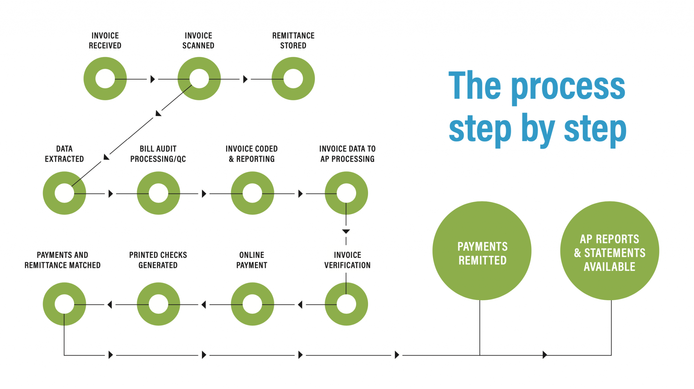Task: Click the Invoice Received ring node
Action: click(x=105, y=79)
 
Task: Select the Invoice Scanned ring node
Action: click(x=199, y=79)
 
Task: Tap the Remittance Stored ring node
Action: click(x=293, y=79)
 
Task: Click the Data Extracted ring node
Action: click(x=64, y=193)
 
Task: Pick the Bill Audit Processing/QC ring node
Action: click(x=158, y=193)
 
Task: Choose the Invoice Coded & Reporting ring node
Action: click(x=252, y=193)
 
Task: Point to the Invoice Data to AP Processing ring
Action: click(x=346, y=193)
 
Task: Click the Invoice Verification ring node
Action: click(x=346, y=304)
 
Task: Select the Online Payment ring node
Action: click(x=252, y=304)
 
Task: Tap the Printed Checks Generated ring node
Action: click(x=158, y=304)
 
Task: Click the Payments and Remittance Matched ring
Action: click(x=64, y=304)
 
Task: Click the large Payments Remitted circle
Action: click(x=482, y=251)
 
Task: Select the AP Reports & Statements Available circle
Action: click(x=610, y=251)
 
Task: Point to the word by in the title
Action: click(x=538, y=129)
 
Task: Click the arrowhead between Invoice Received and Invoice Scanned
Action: click(x=152, y=79)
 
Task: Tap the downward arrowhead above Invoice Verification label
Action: click(x=346, y=231)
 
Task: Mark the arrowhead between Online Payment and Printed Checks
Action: click(x=204, y=305)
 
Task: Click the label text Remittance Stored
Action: click(x=293, y=41)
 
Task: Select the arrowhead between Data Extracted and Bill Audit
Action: click(x=110, y=194)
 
